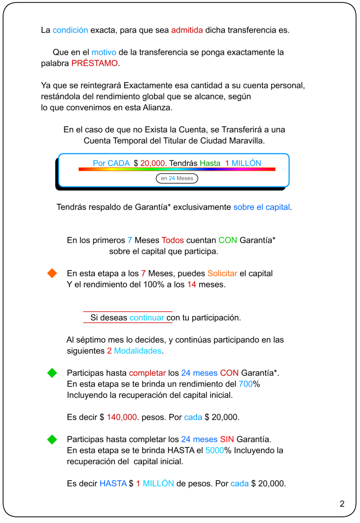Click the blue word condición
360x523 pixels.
70,30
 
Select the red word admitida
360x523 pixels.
187,30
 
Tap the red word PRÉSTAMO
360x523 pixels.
94,63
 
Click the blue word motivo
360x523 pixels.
104,52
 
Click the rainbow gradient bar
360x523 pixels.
177,169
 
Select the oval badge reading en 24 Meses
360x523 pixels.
177,178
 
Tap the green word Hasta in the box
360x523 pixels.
210,163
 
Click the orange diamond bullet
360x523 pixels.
52,274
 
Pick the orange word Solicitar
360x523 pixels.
222,274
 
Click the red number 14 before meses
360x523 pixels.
191,284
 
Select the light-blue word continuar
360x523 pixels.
147,318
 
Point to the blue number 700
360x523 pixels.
246,384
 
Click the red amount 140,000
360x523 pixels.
122,417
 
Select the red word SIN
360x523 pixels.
227,439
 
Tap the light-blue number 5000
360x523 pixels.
214,450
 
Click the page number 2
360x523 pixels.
342,504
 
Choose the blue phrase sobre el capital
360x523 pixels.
262,207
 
